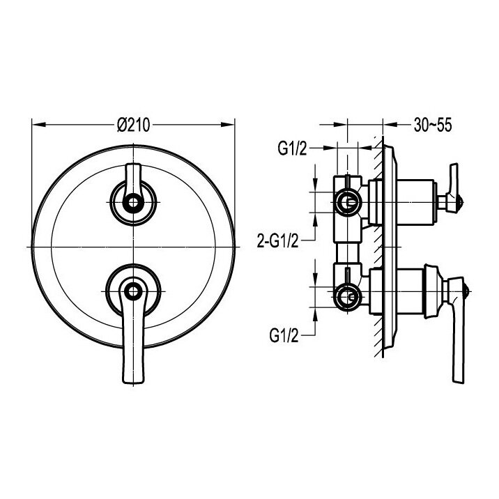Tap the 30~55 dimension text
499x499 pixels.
point(432,125)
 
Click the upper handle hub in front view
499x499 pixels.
point(132,202)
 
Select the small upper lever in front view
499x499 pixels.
point(132,174)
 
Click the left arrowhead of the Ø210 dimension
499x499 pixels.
point(36,125)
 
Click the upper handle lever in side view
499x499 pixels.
point(455,180)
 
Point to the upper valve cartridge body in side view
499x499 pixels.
point(408,202)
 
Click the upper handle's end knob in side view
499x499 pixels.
point(456,204)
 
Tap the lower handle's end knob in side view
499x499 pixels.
point(464,287)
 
